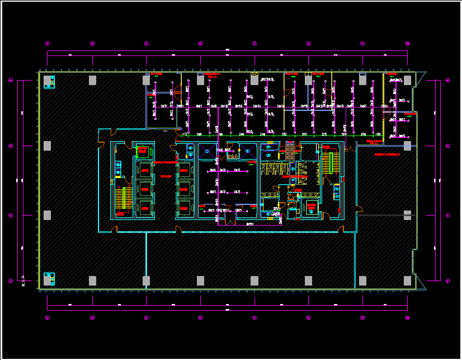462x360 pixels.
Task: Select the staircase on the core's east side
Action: (x=328, y=162)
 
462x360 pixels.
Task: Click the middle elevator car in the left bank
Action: (x=145, y=187)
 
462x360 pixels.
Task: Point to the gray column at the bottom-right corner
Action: (x=408, y=280)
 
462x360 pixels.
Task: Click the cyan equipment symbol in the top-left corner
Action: (x=49, y=82)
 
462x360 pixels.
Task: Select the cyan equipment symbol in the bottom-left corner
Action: (x=49, y=278)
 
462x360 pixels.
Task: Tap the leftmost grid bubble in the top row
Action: (x=48, y=43)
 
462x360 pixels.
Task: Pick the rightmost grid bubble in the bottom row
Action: (x=408, y=317)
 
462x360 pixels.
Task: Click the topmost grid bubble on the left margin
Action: (x=11, y=80)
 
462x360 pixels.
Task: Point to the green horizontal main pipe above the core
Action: (x=280, y=136)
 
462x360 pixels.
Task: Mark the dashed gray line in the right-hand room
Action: (x=386, y=215)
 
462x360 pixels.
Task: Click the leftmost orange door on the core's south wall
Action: (x=114, y=229)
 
